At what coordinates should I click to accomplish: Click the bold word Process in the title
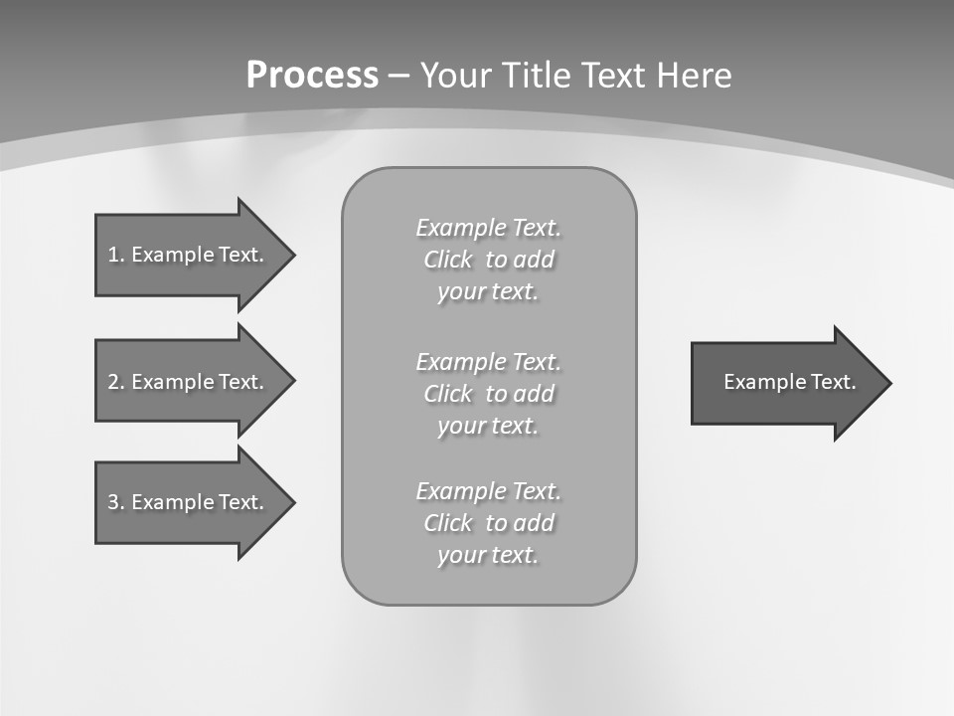[312, 76]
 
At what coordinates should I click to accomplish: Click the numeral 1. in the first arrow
[115, 255]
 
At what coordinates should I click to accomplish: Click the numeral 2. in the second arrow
[115, 382]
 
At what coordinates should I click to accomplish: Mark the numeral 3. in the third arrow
[115, 502]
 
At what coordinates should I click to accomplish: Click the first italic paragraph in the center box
[488, 260]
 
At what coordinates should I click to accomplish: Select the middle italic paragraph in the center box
[488, 393]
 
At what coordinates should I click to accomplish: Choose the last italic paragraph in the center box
[488, 523]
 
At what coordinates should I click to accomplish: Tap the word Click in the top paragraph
[448, 260]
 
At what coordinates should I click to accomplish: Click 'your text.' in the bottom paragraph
[488, 555]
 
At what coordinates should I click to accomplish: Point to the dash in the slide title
[399, 76]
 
